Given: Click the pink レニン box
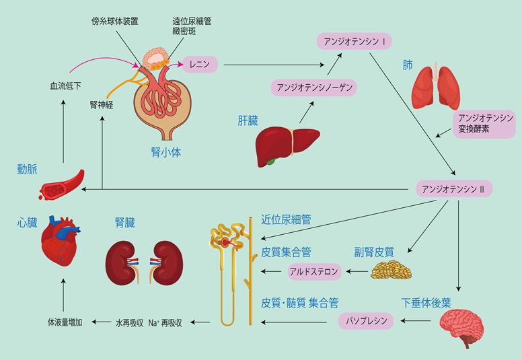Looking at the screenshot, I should coord(200,65).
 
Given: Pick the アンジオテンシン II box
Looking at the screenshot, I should coord(454,189).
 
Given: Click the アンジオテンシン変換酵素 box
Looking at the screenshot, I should coord(484,124).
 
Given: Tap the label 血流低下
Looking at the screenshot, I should coord(65,86).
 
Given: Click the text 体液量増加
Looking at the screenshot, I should coord(65,322).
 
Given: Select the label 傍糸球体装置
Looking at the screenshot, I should coord(115,21).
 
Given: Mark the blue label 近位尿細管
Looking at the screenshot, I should coord(286,219).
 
